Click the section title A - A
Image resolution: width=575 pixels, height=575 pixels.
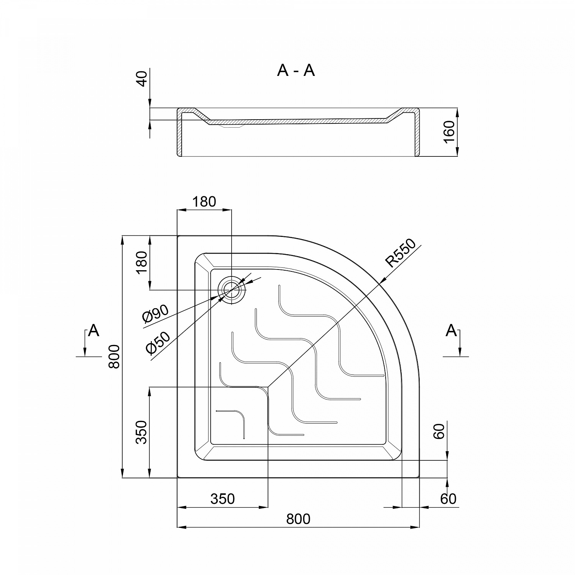(296, 71)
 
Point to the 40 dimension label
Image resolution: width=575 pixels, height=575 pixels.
(142, 79)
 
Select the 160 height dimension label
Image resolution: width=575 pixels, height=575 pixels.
(449, 131)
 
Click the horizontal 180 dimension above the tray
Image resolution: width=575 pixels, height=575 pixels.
(204, 202)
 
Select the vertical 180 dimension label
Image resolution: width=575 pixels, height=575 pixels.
(141, 262)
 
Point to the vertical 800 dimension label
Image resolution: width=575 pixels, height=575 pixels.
(114, 356)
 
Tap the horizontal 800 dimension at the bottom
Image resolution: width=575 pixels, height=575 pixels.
(298, 519)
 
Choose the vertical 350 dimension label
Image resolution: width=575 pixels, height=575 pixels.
(141, 432)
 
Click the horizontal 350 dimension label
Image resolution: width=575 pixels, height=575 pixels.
(223, 499)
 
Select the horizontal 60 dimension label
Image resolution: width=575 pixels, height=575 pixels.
(449, 499)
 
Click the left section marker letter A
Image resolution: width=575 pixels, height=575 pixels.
(94, 330)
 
